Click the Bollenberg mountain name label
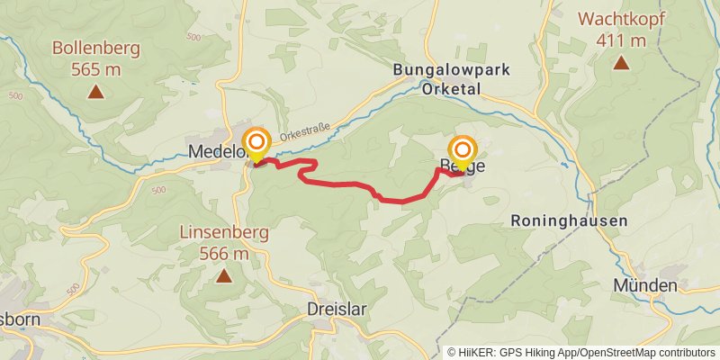(x=94, y=48)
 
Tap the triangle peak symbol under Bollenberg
(x=94, y=91)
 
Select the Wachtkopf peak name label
(x=620, y=18)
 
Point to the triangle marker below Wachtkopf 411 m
(x=620, y=62)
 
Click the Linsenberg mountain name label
(x=224, y=232)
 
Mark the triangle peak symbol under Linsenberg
(x=223, y=275)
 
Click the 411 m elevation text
(x=620, y=40)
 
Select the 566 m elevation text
(x=224, y=254)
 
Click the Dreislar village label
(x=337, y=309)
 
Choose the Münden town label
(x=644, y=285)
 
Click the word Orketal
(x=449, y=88)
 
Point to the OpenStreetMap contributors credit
(x=649, y=352)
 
